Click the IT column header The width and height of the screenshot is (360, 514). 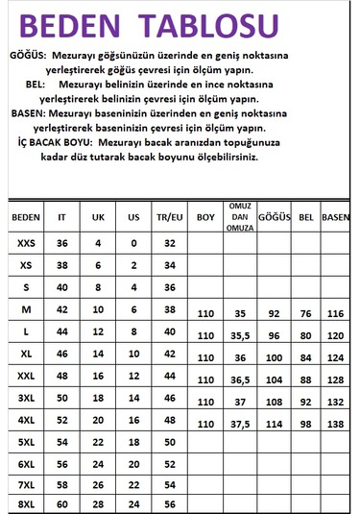pos(63,217)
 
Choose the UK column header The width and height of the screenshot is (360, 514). pos(98,217)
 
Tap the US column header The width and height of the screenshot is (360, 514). pos(133,217)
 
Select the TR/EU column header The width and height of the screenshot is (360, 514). pos(170,217)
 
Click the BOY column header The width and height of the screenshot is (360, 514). pos(204,217)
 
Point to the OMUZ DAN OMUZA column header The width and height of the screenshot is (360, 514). pos(240,217)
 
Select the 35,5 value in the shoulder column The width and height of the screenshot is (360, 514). pos(240,336)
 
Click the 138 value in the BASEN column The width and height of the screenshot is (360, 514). pos(335,423)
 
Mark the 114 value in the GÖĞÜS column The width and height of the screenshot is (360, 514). pos(275,423)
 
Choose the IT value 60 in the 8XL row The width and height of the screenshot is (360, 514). pos(63,503)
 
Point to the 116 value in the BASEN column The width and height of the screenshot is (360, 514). pos(335,314)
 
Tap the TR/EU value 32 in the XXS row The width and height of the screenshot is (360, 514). pos(170,244)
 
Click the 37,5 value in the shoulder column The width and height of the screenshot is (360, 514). pos(240,423)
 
